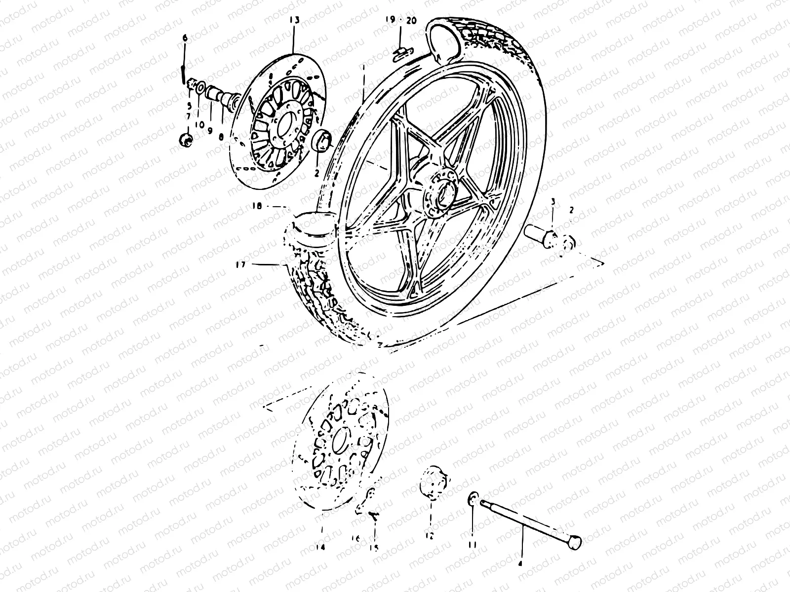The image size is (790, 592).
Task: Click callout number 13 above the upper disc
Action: [x=294, y=20]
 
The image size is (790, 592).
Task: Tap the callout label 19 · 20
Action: [x=401, y=20]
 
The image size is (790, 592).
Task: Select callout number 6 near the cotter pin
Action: [x=185, y=38]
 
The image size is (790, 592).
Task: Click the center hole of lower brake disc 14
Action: [x=339, y=441]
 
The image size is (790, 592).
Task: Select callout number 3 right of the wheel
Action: [x=553, y=202]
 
